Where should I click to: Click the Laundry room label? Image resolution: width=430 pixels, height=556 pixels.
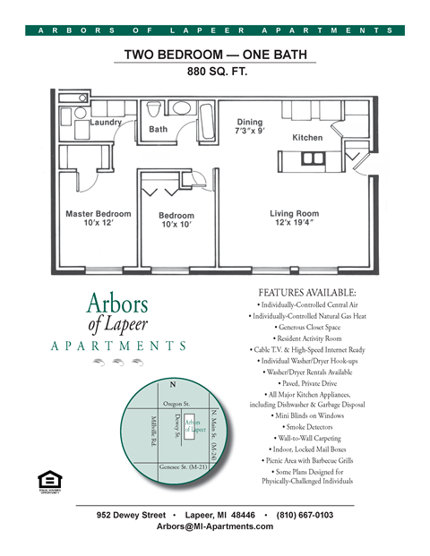tap(106, 122)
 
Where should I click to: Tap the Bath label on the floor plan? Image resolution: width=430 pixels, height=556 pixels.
tap(158, 130)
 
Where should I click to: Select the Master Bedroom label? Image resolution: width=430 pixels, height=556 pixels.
tap(98, 218)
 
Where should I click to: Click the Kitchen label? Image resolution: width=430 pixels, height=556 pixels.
tap(307, 138)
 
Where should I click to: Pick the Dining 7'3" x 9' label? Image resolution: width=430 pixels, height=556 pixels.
tap(250, 127)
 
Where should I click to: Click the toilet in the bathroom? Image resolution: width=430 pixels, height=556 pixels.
tap(154, 110)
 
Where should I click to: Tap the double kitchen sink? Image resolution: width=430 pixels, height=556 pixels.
tap(313, 158)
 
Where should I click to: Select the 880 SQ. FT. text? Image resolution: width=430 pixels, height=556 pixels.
tap(216, 71)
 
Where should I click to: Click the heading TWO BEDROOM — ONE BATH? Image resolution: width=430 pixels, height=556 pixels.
tap(216, 54)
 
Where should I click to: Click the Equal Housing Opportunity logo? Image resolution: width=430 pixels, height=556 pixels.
tap(47, 477)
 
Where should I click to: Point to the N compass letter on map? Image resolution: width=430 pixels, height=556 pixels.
tap(172, 385)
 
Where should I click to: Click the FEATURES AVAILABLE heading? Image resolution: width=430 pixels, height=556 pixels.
tap(307, 293)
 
